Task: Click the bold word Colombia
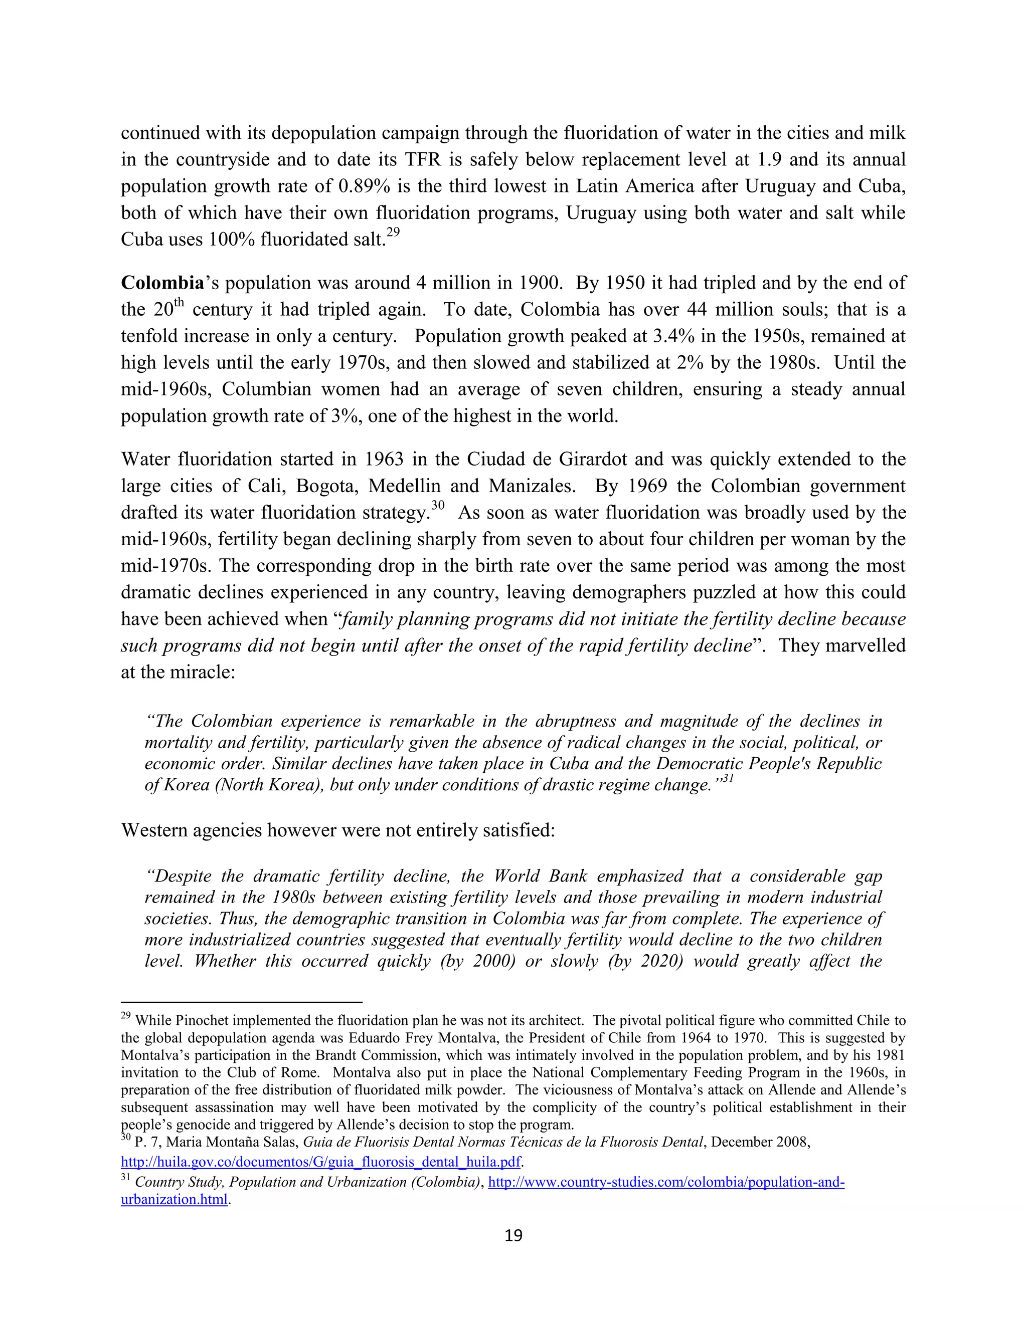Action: (161, 283)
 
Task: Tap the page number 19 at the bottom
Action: (513, 1236)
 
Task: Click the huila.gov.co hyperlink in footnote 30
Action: (320, 1162)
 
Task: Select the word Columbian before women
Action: (266, 390)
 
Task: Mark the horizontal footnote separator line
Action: (242, 1001)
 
